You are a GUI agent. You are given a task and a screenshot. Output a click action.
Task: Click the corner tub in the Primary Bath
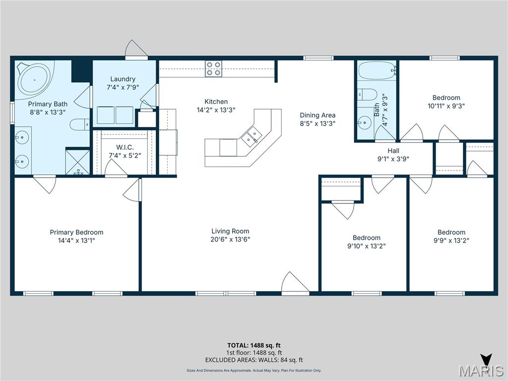tap(34, 79)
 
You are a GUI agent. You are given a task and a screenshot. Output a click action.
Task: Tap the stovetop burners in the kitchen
tap(214, 69)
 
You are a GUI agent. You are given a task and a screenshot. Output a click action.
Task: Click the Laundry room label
tap(123, 79)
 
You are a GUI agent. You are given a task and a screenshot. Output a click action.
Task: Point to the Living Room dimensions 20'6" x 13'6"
tap(230, 239)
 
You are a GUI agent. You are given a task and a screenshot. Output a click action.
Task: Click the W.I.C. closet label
tap(125, 147)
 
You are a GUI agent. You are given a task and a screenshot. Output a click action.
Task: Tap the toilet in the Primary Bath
tap(79, 124)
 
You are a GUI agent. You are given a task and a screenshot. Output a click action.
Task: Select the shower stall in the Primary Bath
tap(77, 162)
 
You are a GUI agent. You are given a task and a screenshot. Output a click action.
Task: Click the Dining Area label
tap(317, 115)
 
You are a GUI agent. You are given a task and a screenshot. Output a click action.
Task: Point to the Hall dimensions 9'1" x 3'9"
tap(393, 159)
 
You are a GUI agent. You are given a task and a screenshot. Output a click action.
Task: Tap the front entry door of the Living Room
tap(295, 283)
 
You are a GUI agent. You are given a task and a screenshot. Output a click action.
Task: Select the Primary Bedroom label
tap(76, 232)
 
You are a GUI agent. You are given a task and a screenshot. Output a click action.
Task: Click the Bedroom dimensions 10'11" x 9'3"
tap(446, 106)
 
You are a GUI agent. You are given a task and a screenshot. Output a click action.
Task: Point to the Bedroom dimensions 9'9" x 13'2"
tap(451, 240)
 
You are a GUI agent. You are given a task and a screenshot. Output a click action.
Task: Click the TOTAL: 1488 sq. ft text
tap(254, 345)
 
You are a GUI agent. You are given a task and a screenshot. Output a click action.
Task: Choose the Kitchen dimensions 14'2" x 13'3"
tap(216, 110)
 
